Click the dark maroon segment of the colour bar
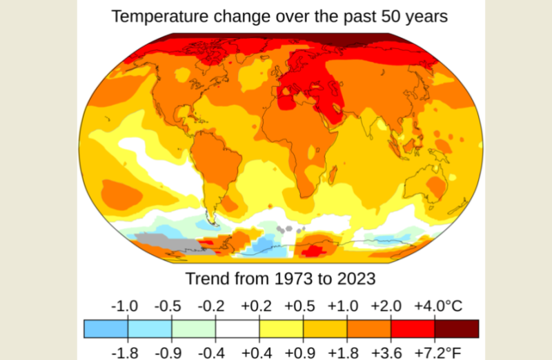pos(457,329)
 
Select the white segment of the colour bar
pos(237,329)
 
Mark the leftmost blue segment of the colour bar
pos(106,329)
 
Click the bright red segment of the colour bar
pos(413,329)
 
